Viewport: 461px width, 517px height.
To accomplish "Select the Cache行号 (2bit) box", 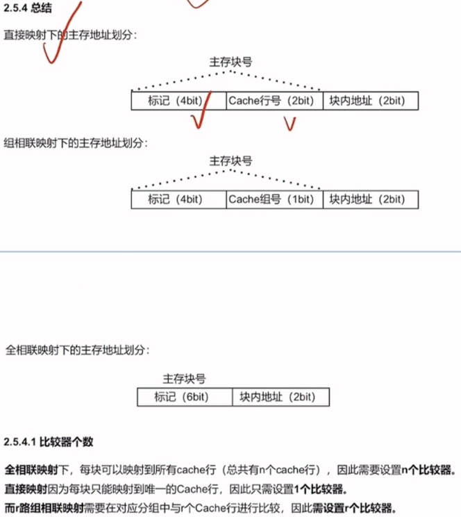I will point(274,101).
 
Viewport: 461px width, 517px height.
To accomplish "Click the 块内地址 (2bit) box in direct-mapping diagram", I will point(371,101).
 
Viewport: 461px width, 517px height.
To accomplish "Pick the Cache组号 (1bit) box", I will point(274,199).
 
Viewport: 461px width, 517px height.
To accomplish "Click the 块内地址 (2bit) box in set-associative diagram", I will point(371,199).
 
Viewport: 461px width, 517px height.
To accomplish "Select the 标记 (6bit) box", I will point(184,397).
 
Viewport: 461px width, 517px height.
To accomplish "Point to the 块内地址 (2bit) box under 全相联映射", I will point(280,397).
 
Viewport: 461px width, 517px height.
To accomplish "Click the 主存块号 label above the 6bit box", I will point(184,379).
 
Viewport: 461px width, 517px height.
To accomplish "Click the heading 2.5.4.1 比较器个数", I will point(49,441).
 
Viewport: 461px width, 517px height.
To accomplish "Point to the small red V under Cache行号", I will point(290,124).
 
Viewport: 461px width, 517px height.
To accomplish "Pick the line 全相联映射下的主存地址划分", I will point(76,350).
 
